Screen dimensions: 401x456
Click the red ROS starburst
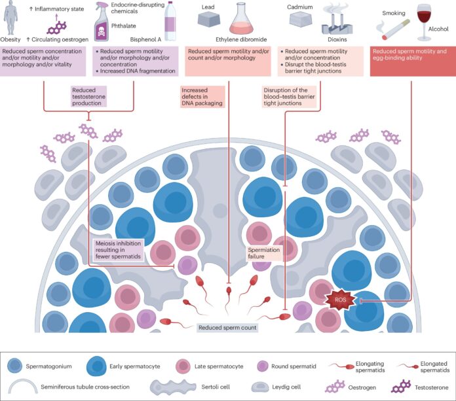click(x=338, y=300)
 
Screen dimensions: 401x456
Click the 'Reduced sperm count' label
click(x=227, y=326)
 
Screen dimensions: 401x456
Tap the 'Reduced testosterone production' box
click(x=89, y=97)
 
